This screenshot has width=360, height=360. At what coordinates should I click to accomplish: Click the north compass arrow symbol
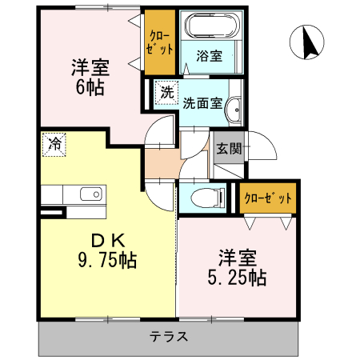[x=306, y=42]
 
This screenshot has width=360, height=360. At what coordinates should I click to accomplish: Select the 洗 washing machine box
[x=166, y=91]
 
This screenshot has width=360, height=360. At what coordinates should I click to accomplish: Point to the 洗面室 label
[x=202, y=102]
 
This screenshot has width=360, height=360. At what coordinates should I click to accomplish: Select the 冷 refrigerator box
[x=54, y=145]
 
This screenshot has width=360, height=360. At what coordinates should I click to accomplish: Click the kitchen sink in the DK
[x=90, y=194]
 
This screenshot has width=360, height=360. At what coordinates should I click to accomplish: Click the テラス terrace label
[x=170, y=336]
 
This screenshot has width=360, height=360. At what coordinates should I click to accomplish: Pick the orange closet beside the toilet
[x=267, y=198]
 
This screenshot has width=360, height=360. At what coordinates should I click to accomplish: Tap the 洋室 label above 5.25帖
[x=238, y=258]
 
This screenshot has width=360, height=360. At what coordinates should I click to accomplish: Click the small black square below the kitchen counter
[x=53, y=213]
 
